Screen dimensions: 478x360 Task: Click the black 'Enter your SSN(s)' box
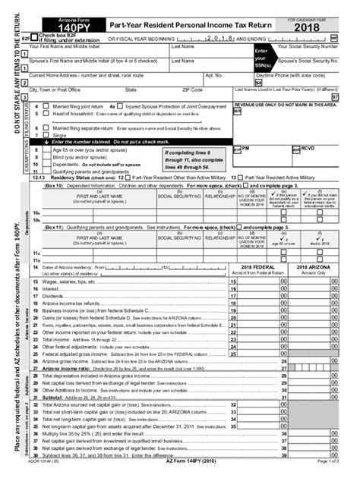pos(262,63)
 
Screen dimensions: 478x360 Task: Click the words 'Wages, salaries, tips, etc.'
pos(65,281)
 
